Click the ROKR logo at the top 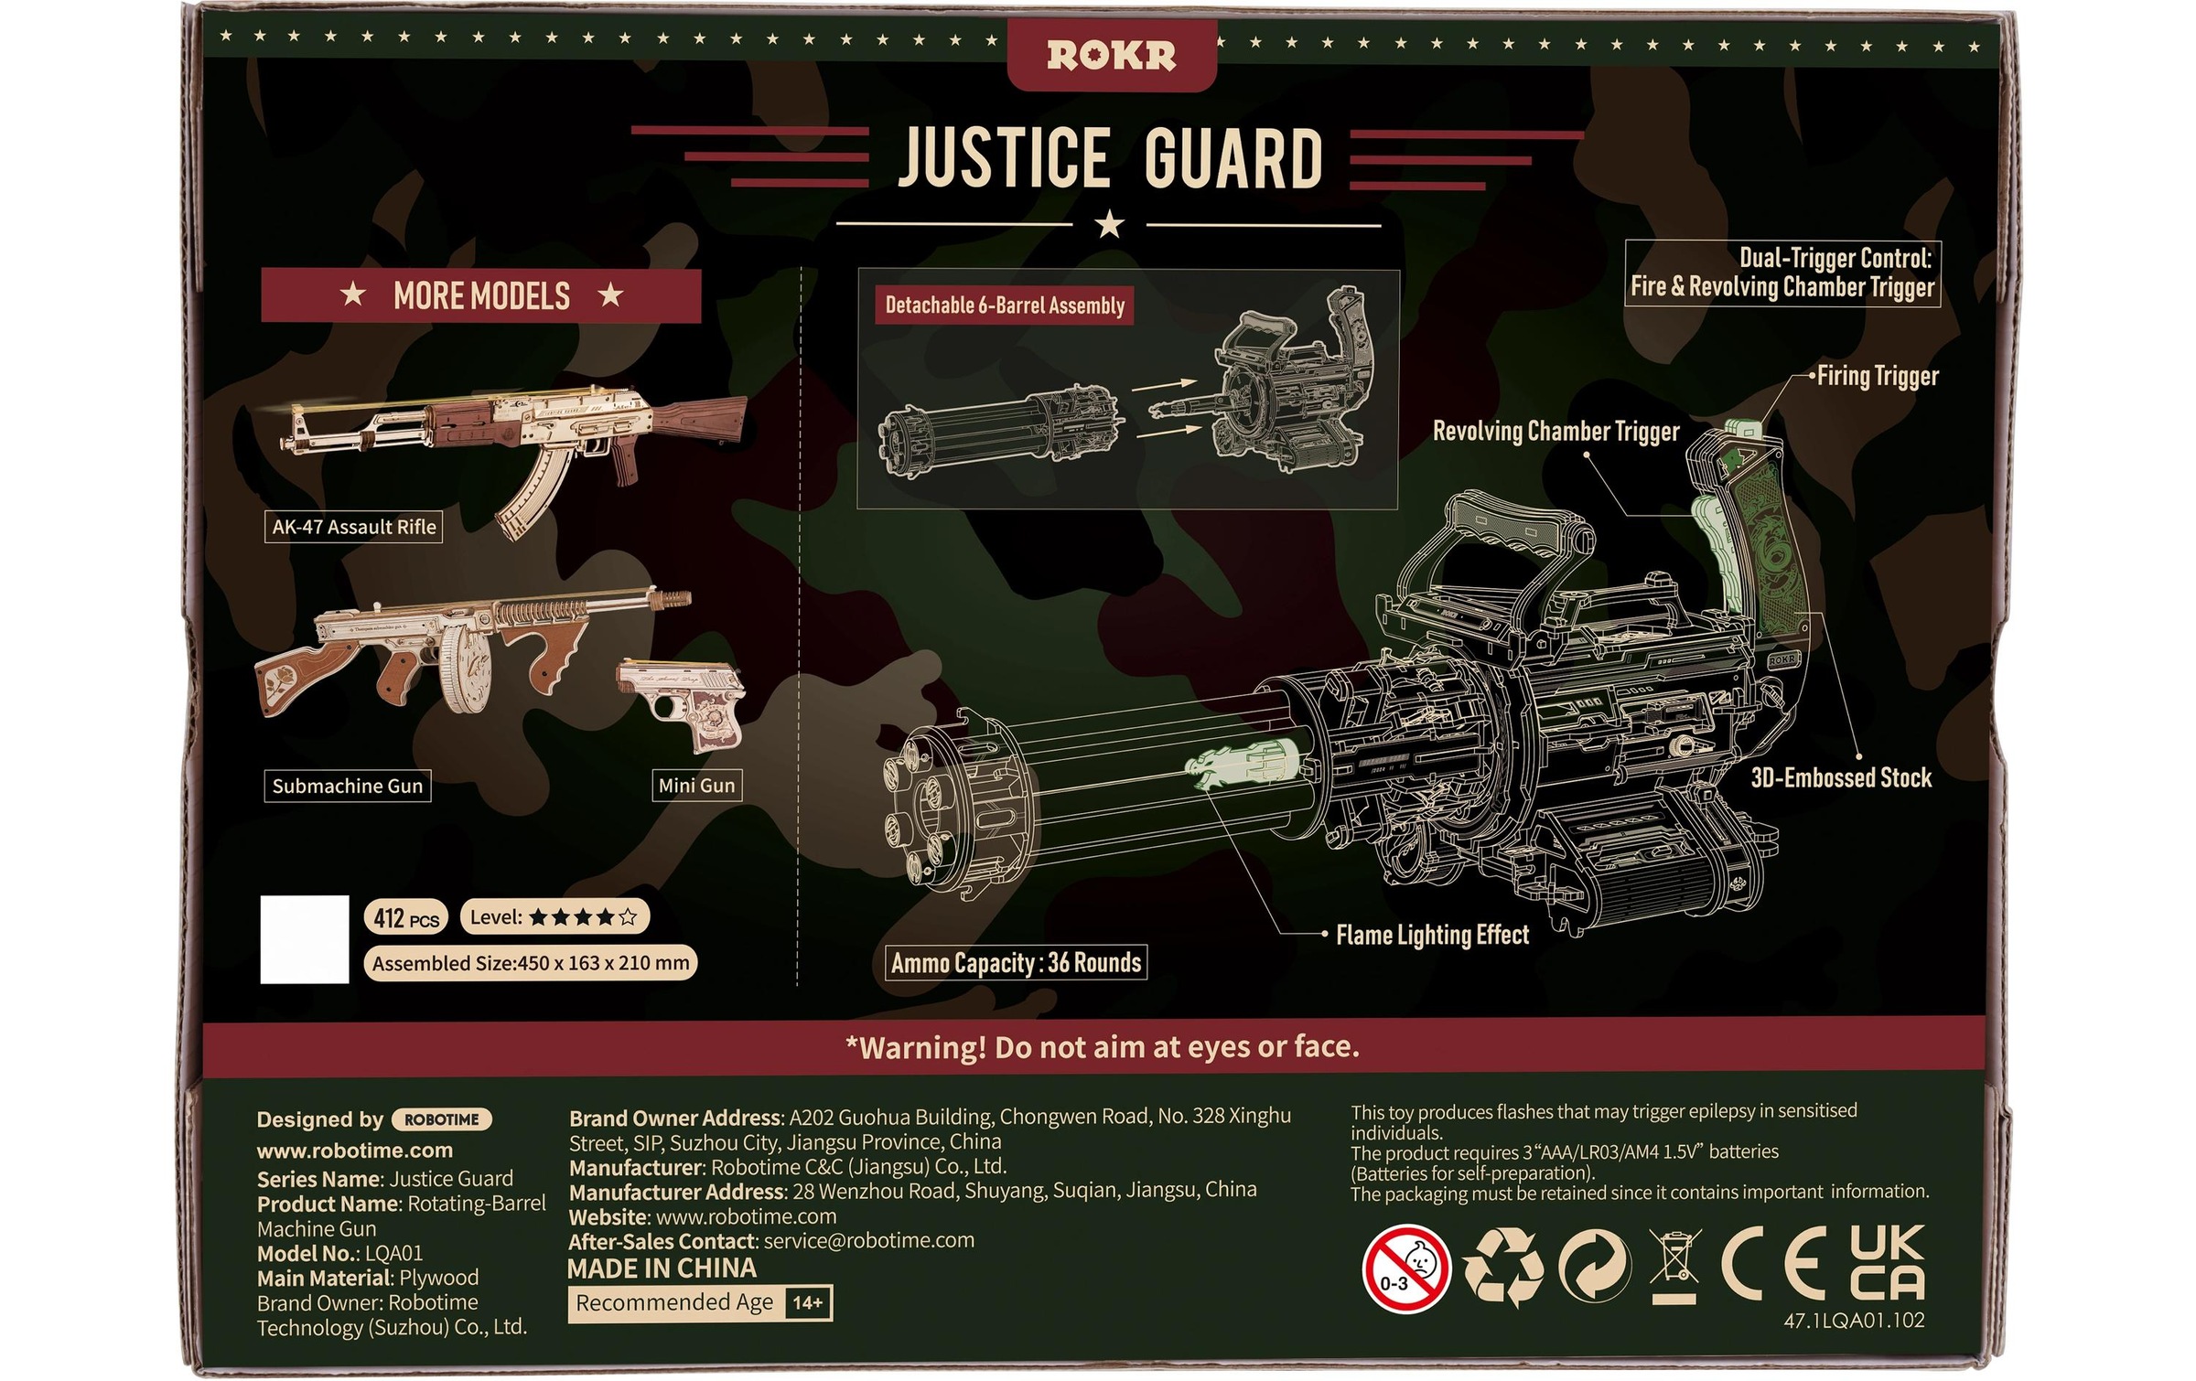(x=1111, y=56)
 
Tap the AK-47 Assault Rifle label (x=353, y=527)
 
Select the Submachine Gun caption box (x=348, y=786)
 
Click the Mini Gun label (x=696, y=786)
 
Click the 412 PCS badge (x=405, y=917)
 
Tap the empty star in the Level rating (x=628, y=916)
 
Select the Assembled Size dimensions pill (x=530, y=963)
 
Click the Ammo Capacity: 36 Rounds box (x=1016, y=962)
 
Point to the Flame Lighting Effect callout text (x=1432, y=935)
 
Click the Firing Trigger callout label (x=1877, y=376)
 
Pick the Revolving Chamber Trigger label (x=1555, y=431)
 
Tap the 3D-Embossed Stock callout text (x=1840, y=777)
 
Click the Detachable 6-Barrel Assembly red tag (x=1005, y=305)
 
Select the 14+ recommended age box (x=808, y=1302)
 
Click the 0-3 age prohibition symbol (x=1406, y=1269)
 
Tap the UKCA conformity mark (x=1887, y=1263)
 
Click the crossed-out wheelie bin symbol (x=1674, y=1267)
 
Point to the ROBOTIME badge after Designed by (x=441, y=1119)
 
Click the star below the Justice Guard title (x=1109, y=223)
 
